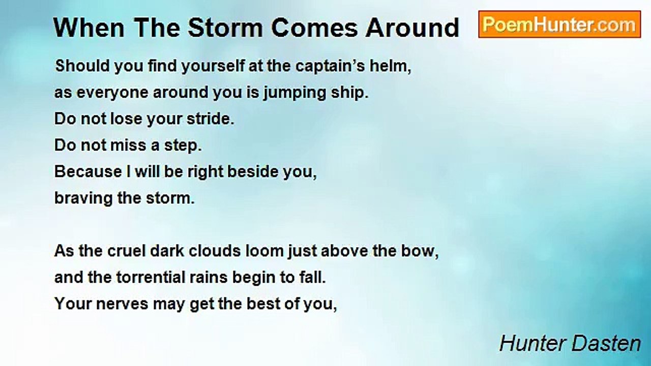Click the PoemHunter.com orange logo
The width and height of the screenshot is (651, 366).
(559, 24)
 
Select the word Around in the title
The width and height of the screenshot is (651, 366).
(412, 28)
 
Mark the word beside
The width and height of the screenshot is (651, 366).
(251, 172)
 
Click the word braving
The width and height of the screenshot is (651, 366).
(84, 198)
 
